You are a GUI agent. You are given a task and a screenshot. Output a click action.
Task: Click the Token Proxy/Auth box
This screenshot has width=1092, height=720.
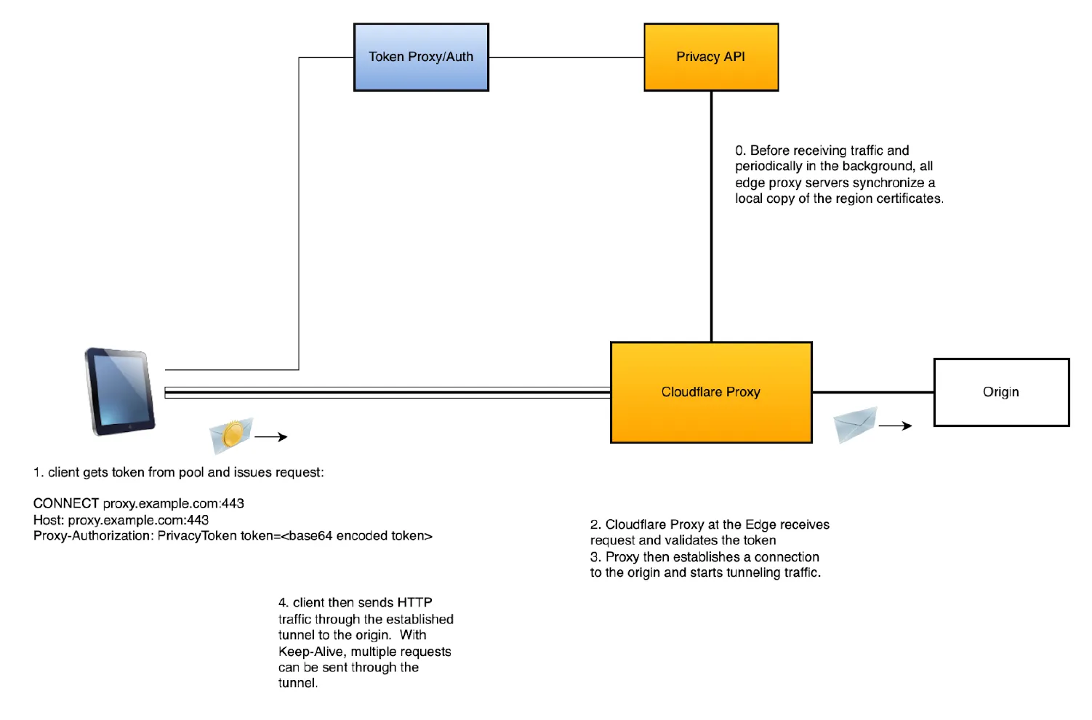pos(421,57)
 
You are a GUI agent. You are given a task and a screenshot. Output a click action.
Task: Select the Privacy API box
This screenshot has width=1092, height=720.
pos(710,57)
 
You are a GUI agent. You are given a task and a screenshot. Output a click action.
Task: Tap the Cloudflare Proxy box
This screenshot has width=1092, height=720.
pos(710,392)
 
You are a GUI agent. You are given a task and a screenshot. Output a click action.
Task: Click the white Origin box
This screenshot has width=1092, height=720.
pos(1000,392)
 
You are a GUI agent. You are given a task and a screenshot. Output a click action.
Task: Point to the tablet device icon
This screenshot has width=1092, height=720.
pos(119,391)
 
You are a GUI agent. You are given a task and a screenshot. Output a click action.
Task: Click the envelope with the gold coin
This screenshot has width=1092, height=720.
pos(231,435)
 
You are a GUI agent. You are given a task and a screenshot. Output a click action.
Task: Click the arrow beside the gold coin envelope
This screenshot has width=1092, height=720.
pos(271,437)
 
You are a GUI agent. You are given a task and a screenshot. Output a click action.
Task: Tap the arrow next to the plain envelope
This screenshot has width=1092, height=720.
pos(895,426)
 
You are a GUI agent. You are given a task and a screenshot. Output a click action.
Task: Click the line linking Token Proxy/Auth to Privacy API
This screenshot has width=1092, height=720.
pos(566,57)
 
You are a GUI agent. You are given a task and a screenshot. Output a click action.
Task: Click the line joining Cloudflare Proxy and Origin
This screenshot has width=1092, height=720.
pos(872,392)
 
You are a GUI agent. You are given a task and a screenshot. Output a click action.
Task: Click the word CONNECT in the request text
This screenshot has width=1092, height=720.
pos(65,503)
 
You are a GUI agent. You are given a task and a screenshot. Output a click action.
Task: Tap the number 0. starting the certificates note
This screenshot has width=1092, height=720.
pos(740,151)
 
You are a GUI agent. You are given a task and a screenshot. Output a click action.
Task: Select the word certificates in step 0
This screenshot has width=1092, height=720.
pos(904,199)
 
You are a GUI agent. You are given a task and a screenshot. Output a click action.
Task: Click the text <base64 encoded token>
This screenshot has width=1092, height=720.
pos(356,536)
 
